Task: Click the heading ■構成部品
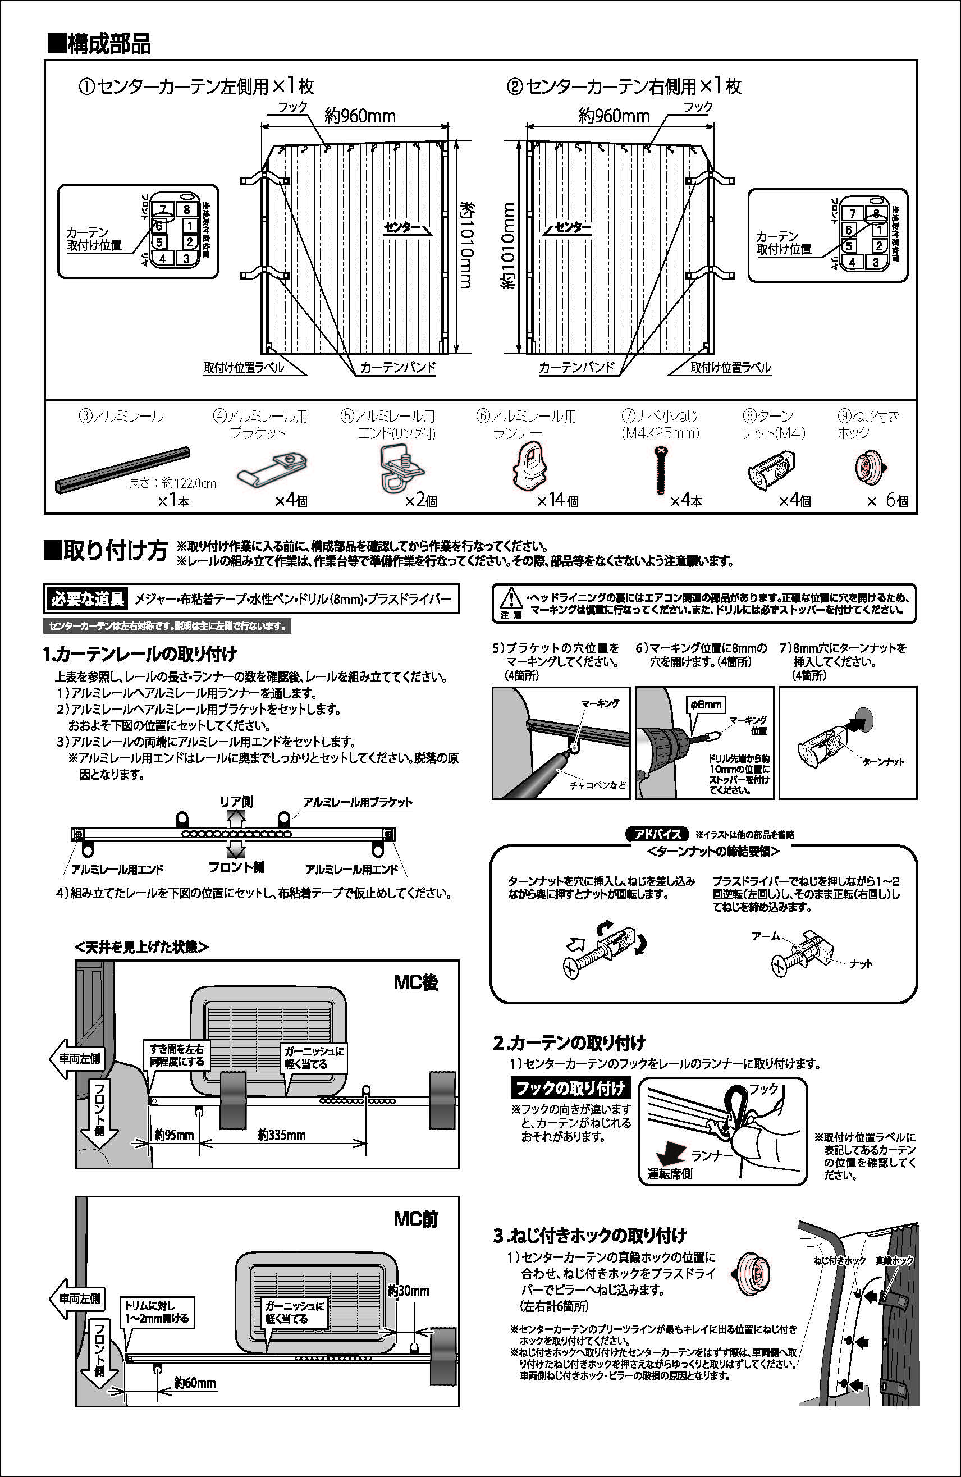tap(99, 45)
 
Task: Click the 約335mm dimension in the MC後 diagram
tap(282, 1135)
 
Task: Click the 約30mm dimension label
tap(408, 1290)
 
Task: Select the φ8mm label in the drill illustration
tap(706, 705)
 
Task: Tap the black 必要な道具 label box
tap(87, 599)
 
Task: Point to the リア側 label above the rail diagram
tap(236, 801)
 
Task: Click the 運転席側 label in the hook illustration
tap(670, 1173)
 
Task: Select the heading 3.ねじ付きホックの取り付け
tap(589, 1235)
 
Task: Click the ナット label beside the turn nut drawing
tap(861, 963)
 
